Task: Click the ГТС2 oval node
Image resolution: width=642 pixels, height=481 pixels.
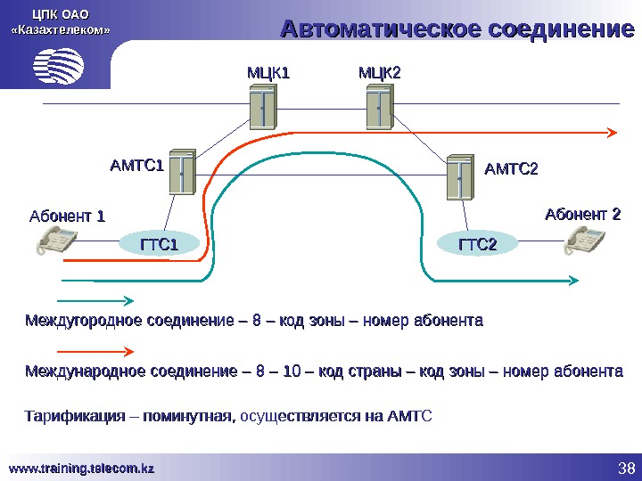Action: [477, 244]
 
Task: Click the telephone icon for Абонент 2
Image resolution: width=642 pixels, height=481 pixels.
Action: [585, 240]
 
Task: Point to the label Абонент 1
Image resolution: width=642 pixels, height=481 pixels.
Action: [68, 216]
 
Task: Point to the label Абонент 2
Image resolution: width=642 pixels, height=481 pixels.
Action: [582, 215]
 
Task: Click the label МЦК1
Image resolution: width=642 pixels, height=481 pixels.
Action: [269, 71]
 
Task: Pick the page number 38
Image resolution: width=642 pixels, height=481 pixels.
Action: [624, 468]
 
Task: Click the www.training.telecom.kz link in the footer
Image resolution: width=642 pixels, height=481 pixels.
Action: [82, 468]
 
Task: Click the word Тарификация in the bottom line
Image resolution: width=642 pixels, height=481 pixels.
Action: [69, 415]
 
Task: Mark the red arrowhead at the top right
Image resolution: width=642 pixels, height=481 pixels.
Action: [612, 132]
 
